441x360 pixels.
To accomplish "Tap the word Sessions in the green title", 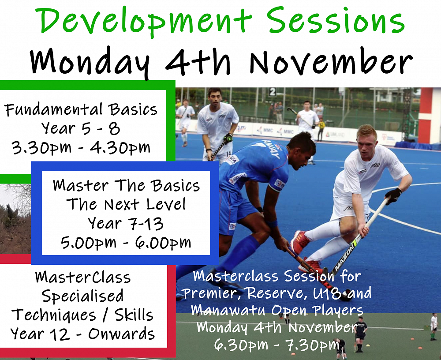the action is point(336,21).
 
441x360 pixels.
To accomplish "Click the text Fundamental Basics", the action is point(81,110).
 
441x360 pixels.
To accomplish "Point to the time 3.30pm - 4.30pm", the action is point(81,147).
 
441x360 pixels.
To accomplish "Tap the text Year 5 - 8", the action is point(81,128).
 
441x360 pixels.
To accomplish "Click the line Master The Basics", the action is point(126,185).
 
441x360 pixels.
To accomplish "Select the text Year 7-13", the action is point(125,224).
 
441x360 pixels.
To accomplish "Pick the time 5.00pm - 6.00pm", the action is point(126,243).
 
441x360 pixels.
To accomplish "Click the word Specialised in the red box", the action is point(83,296).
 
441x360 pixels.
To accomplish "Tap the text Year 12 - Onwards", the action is point(82,334).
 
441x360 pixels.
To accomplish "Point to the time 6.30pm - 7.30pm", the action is point(277,345).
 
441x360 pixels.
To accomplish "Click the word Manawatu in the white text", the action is point(228,310).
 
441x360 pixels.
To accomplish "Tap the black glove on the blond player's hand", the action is point(393,195).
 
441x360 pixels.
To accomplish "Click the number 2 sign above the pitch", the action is point(272,92).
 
